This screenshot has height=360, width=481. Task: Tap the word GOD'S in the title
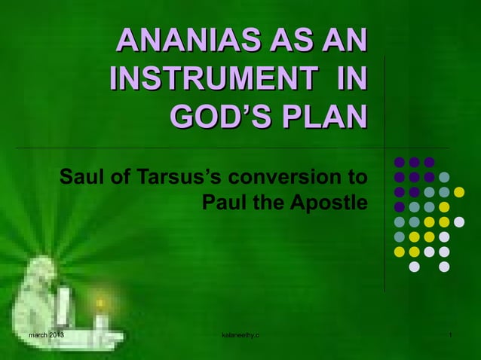[218, 117]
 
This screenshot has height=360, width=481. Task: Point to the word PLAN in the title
[322, 117]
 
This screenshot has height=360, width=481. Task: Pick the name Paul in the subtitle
[223, 203]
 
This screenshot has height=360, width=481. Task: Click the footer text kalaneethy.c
[240, 334]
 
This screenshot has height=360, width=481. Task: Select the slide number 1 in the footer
[449, 334]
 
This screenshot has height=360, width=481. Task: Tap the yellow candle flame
[99, 304]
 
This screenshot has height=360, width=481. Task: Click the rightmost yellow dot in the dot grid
[459, 191]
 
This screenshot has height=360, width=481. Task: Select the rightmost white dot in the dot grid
[459, 221]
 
